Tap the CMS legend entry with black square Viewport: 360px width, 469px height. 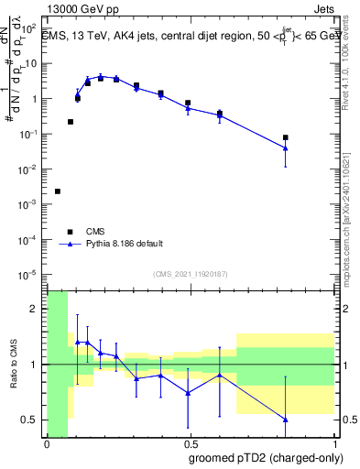93,231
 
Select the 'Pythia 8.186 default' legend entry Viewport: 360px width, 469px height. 125,244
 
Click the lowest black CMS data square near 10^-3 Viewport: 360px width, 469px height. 58,191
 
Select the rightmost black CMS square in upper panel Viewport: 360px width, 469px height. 286,137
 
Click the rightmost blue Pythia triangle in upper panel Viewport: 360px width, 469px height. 286,147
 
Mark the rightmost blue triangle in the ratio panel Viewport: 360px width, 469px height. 286,419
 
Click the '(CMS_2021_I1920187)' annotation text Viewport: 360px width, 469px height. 190,273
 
